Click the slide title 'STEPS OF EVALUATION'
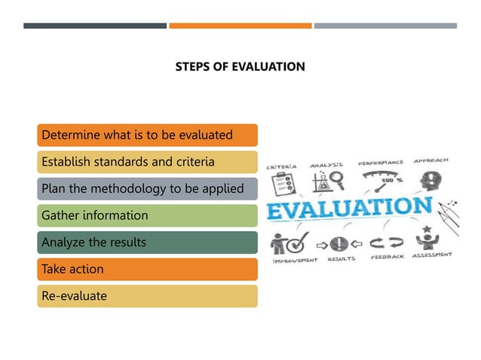pos(240,67)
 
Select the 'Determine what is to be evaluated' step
pos(147,136)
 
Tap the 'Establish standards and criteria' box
pos(147,162)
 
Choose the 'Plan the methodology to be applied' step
pos(147,189)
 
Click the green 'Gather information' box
pos(147,215)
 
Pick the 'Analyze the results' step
pos(147,243)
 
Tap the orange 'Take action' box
pos(147,269)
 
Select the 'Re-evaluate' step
pos(147,296)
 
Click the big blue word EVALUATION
pos(350,208)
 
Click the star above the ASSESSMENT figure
pos(427,228)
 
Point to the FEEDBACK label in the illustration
pos(387,258)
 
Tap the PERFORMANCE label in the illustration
pos(380,163)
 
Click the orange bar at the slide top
pos(240,26)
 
